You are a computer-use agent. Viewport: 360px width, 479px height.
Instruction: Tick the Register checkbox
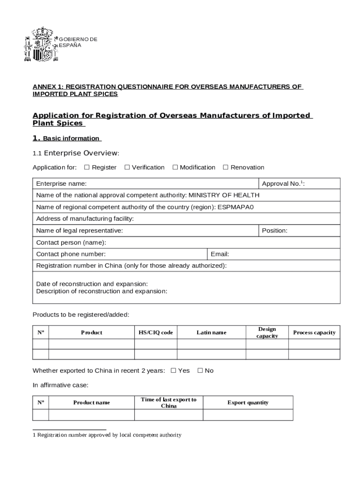pos(87,167)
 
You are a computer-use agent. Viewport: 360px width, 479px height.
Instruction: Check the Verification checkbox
pos(127,167)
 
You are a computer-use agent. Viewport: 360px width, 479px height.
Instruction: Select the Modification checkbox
pos(175,167)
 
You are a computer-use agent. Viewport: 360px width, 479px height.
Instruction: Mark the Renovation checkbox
pos(226,167)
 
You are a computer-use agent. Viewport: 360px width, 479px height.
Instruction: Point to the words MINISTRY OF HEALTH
pos(224,196)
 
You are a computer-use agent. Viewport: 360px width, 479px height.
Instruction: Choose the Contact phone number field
pos(154,254)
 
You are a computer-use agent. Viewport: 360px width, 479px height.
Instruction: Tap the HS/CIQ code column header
pos(156,333)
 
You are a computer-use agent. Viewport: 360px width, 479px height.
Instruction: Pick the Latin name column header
pos(211,333)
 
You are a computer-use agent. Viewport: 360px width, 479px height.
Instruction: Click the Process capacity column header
pos(314,333)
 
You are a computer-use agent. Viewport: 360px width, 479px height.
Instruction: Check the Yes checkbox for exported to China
pos(173,371)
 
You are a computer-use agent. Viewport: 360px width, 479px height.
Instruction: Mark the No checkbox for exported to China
pos(200,371)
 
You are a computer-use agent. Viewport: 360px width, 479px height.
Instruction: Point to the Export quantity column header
pos(248,403)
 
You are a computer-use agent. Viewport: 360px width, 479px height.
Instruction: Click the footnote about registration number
pos(107,435)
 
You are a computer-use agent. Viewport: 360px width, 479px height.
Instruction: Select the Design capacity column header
pos(267,333)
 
